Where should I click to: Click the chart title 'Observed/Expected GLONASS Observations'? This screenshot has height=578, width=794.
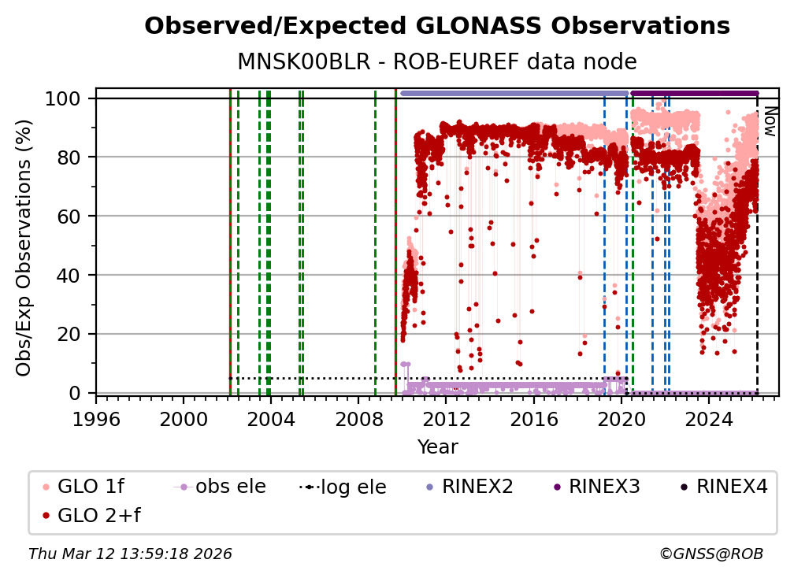tap(437, 26)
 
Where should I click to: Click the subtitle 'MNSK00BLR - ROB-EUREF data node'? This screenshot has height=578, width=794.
tap(437, 61)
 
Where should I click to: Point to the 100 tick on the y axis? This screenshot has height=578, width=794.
tap(67, 98)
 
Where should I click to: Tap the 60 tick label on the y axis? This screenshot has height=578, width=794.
tap(72, 217)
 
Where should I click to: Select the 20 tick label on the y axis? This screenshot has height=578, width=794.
tap(72, 334)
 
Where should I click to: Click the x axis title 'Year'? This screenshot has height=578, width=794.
tap(437, 447)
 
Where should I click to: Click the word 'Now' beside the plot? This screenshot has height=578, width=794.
tap(770, 123)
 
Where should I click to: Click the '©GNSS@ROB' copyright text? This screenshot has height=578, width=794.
tap(711, 554)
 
